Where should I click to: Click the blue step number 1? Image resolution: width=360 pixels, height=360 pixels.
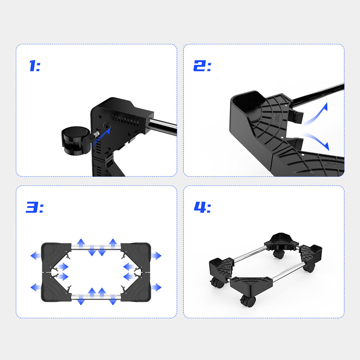click(33, 66)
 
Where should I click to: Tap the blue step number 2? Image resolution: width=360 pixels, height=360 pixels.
click(199, 66)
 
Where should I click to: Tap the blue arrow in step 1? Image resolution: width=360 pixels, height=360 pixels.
click(101, 137)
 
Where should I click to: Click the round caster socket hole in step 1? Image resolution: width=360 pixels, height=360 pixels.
click(107, 126)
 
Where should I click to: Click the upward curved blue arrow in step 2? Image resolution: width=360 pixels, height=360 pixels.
click(315, 115)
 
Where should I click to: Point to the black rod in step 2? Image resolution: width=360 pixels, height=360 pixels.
click(318, 95)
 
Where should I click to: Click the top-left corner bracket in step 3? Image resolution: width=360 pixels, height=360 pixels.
click(55, 257)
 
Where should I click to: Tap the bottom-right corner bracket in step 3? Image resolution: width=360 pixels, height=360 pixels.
click(136, 287)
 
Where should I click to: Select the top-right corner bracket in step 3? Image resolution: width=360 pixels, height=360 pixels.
click(136, 257)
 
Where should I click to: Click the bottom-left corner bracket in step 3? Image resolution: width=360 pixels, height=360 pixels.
click(55, 287)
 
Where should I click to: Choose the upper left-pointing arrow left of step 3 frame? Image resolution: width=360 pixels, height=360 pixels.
click(36, 256)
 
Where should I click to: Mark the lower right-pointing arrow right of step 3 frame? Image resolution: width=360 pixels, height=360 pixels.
click(156, 287)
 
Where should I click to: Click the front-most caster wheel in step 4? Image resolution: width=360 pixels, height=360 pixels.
click(248, 301)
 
